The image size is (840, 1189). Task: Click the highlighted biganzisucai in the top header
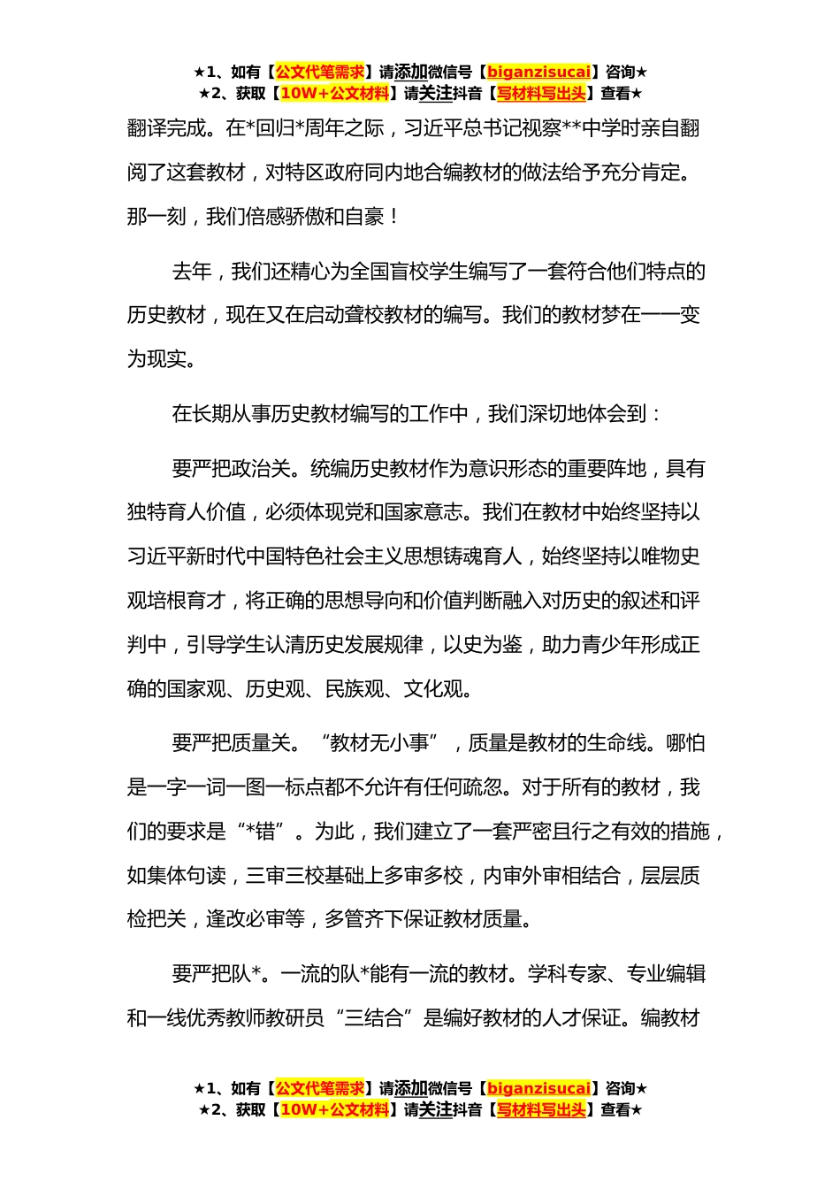click(538, 72)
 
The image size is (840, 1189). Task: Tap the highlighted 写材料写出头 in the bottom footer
click(541, 1109)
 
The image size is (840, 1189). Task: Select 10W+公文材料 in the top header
click(334, 93)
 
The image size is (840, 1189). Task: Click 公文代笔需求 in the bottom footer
click(320, 1088)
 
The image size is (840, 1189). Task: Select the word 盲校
click(409, 272)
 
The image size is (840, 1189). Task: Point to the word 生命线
click(616, 744)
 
